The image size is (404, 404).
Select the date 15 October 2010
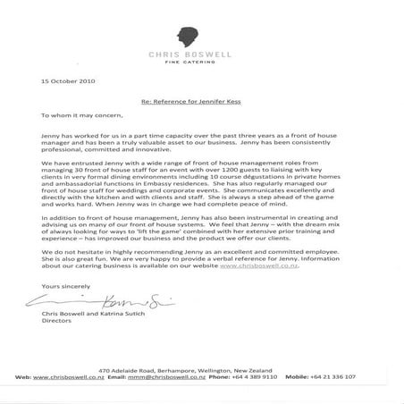point(63,81)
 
